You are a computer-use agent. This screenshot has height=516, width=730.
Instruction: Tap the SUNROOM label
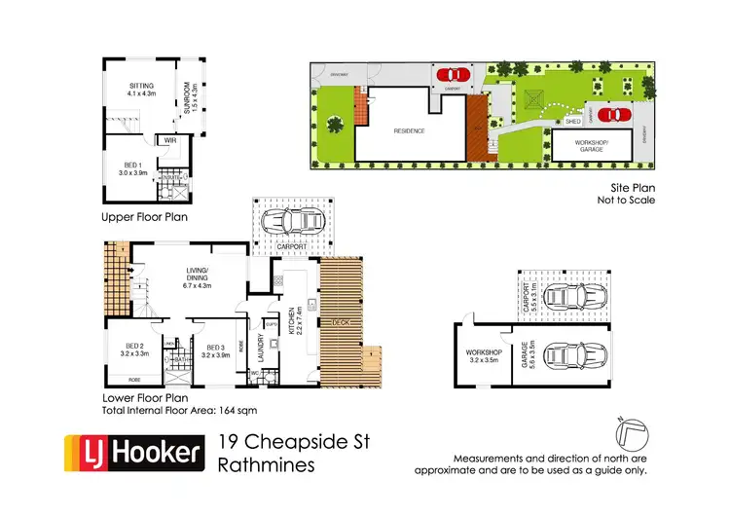tap(193, 98)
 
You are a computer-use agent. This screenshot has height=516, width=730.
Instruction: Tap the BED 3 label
tap(216, 351)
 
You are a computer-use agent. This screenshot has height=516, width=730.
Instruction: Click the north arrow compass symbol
tap(630, 430)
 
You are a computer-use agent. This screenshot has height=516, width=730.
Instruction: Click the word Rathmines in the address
tap(268, 464)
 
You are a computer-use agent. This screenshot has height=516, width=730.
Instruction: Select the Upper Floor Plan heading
tap(144, 217)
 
